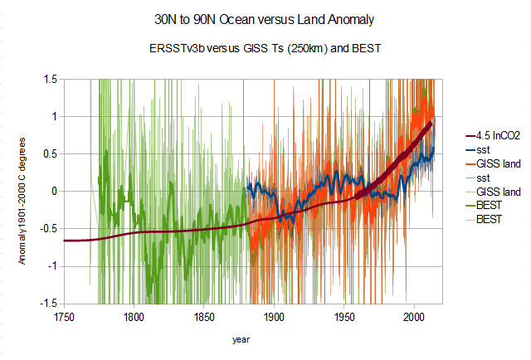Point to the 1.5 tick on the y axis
(x=51, y=79)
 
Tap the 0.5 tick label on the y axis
(x=51, y=153)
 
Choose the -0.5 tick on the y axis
(x=49, y=229)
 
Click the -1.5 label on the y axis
(x=49, y=304)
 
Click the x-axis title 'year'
(x=241, y=339)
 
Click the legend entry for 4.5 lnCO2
(x=497, y=136)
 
